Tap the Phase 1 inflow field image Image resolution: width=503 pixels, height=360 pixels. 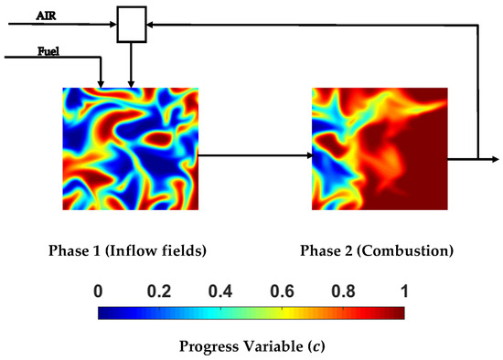pos(130,149)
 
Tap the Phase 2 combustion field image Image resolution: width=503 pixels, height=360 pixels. pos(379,149)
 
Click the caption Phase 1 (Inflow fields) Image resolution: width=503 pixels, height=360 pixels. pos(131,249)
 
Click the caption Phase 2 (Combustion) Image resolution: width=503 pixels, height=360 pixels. pos(377,249)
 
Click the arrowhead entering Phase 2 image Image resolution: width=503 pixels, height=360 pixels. pos(307,156)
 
